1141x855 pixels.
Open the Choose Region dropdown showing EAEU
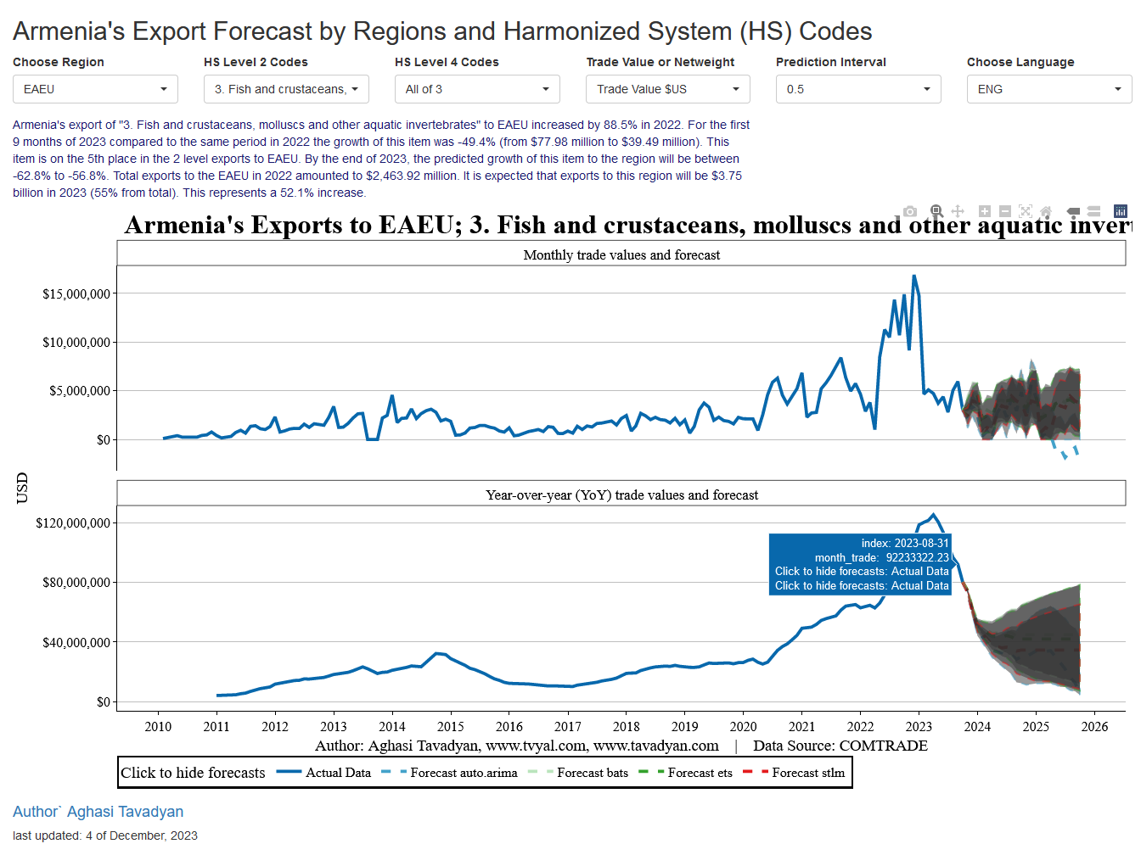(95, 89)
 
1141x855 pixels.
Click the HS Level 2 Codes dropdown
(286, 89)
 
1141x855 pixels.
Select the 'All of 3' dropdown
(477, 89)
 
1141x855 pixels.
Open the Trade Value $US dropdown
(668, 89)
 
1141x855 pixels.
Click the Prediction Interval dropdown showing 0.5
(858, 89)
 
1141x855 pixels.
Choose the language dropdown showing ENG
(1049, 89)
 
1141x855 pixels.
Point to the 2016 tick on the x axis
(509, 727)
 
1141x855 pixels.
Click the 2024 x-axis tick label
(977, 727)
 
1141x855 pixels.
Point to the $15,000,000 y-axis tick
(76, 294)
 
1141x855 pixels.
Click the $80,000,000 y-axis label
(76, 583)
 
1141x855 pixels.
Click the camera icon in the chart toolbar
(910, 211)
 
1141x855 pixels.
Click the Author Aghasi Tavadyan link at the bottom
(98, 812)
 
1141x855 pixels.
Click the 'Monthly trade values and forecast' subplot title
(621, 255)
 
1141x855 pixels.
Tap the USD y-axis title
(22, 488)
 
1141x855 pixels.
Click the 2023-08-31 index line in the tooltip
(905, 544)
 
